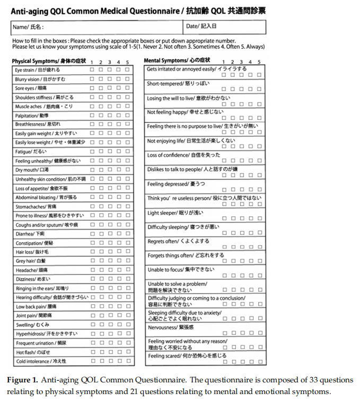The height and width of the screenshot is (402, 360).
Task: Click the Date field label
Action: coord(201,26)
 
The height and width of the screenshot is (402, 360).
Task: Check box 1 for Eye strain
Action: coord(92,69)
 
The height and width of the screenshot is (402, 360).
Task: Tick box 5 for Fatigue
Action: coord(127,152)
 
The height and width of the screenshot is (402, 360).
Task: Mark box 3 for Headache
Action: coord(110,270)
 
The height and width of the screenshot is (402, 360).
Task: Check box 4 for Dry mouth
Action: coord(119,170)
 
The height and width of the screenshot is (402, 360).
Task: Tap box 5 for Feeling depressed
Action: coord(259,189)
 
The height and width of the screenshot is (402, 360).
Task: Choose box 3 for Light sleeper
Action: coord(241,218)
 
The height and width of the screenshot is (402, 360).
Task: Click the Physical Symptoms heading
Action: coord(49,61)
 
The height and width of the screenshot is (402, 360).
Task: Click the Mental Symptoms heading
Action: coord(177,60)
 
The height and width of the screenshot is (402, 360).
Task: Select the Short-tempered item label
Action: coord(178,84)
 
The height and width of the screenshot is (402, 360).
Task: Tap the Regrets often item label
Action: coord(178,241)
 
